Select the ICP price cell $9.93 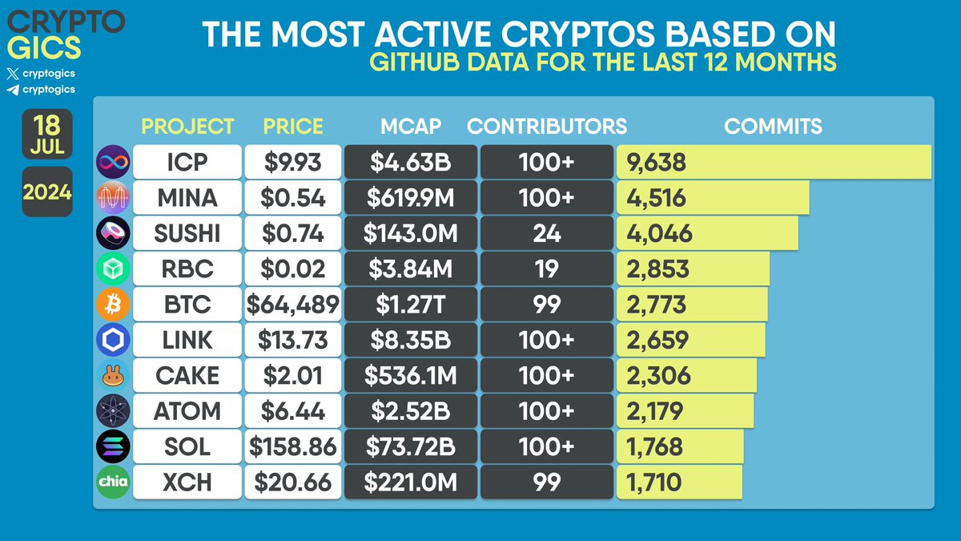292,163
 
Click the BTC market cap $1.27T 410,305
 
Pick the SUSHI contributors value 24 547,233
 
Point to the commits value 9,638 657,163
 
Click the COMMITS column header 773,127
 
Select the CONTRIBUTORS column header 547,127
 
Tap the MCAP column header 410,127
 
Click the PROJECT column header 187,127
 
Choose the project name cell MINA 187,198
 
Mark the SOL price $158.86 292,446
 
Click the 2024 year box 47,192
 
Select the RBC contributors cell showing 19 547,268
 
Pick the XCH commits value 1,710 655,482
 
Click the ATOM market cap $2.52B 410,411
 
